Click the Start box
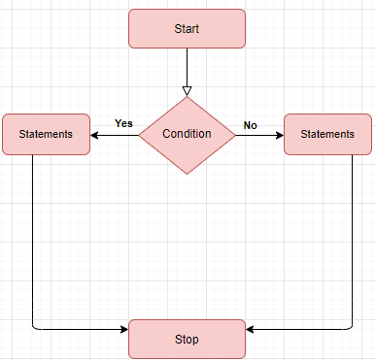(187, 28)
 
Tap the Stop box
(187, 339)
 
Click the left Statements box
(46, 134)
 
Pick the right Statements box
(327, 134)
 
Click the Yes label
(123, 123)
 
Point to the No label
(250, 125)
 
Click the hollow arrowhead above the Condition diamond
(187, 90)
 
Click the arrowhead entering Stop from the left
(123, 329)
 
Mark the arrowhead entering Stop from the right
(251, 329)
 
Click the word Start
(187, 28)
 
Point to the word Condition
(187, 134)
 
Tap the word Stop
(187, 339)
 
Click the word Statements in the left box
(46, 134)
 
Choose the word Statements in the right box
(327, 134)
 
